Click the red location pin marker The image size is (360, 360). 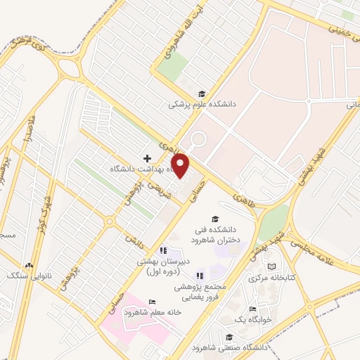(181, 165)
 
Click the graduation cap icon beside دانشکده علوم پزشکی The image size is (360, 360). (202, 94)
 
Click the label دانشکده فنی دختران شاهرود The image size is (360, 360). (216, 234)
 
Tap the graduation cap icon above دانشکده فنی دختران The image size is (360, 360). (215, 219)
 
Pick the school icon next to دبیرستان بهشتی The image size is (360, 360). (163, 250)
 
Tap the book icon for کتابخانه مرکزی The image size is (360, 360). (271, 266)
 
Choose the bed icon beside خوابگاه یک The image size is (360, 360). (252, 309)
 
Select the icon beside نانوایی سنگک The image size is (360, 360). (29, 265)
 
